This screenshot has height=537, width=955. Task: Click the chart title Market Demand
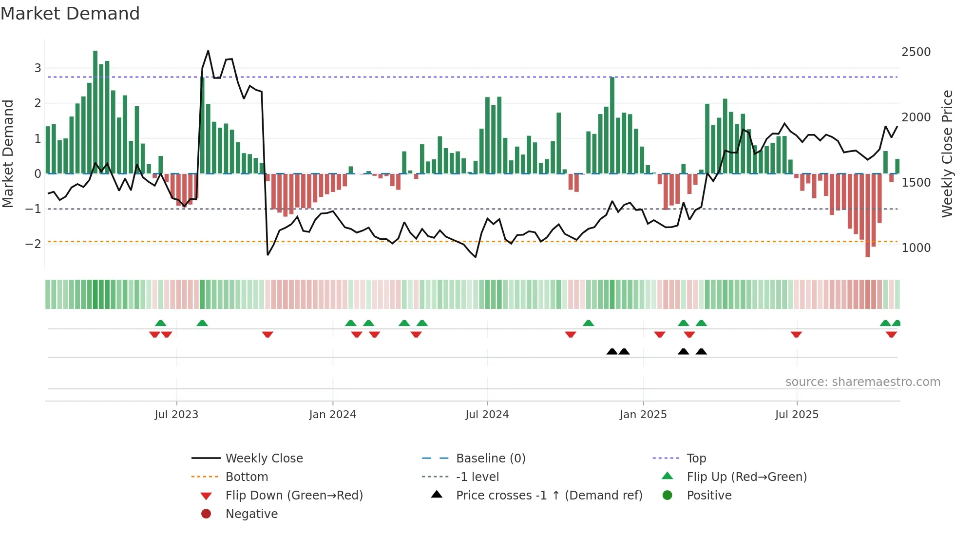click(x=70, y=14)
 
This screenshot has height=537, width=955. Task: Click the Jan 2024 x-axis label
click(x=332, y=414)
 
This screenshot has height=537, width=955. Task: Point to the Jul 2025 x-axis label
click(x=797, y=414)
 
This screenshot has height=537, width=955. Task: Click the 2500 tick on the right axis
click(x=916, y=52)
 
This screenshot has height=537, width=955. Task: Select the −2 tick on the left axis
click(x=33, y=244)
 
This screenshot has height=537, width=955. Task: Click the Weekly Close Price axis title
click(x=947, y=153)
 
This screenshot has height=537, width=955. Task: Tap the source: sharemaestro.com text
click(x=862, y=382)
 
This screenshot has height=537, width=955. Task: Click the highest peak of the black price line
click(x=208, y=51)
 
